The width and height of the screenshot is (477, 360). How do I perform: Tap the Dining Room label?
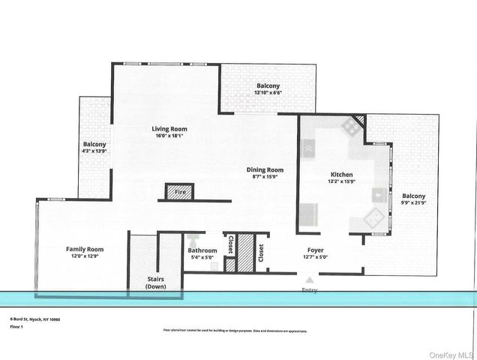point(265,169)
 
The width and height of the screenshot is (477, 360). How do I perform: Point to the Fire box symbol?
point(179,192)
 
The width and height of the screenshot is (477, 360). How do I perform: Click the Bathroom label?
point(202,250)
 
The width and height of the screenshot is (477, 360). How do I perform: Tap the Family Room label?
point(85,249)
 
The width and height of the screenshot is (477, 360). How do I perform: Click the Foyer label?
point(315,250)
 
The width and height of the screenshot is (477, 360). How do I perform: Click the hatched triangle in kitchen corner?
point(359,119)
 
